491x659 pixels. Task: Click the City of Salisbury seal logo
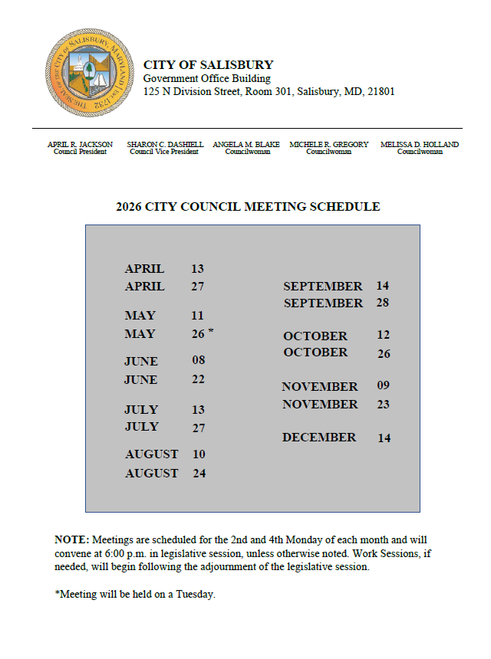tap(85, 73)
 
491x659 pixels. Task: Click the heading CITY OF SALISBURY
tap(208, 65)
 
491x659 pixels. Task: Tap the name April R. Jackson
tap(80, 144)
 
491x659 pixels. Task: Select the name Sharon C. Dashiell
tap(165, 144)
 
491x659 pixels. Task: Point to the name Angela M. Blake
tap(246, 144)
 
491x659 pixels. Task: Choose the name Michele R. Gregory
tap(328, 144)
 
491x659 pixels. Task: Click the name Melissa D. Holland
tap(420, 144)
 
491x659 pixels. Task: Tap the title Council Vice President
tap(165, 152)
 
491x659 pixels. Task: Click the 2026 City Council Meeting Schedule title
tap(248, 207)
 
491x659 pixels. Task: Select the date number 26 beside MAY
tap(198, 334)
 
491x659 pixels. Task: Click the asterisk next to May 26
tap(211, 332)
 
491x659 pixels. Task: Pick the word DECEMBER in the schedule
tap(319, 438)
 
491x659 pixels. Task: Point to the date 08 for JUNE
tap(199, 360)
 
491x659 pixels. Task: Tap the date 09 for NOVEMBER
tap(384, 385)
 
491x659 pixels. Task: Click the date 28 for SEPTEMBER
tap(383, 303)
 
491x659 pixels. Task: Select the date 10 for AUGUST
tap(199, 454)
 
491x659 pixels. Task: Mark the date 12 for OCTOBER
tap(384, 335)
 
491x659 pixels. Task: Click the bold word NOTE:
tap(72, 539)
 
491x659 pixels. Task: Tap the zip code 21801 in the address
tap(381, 92)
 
